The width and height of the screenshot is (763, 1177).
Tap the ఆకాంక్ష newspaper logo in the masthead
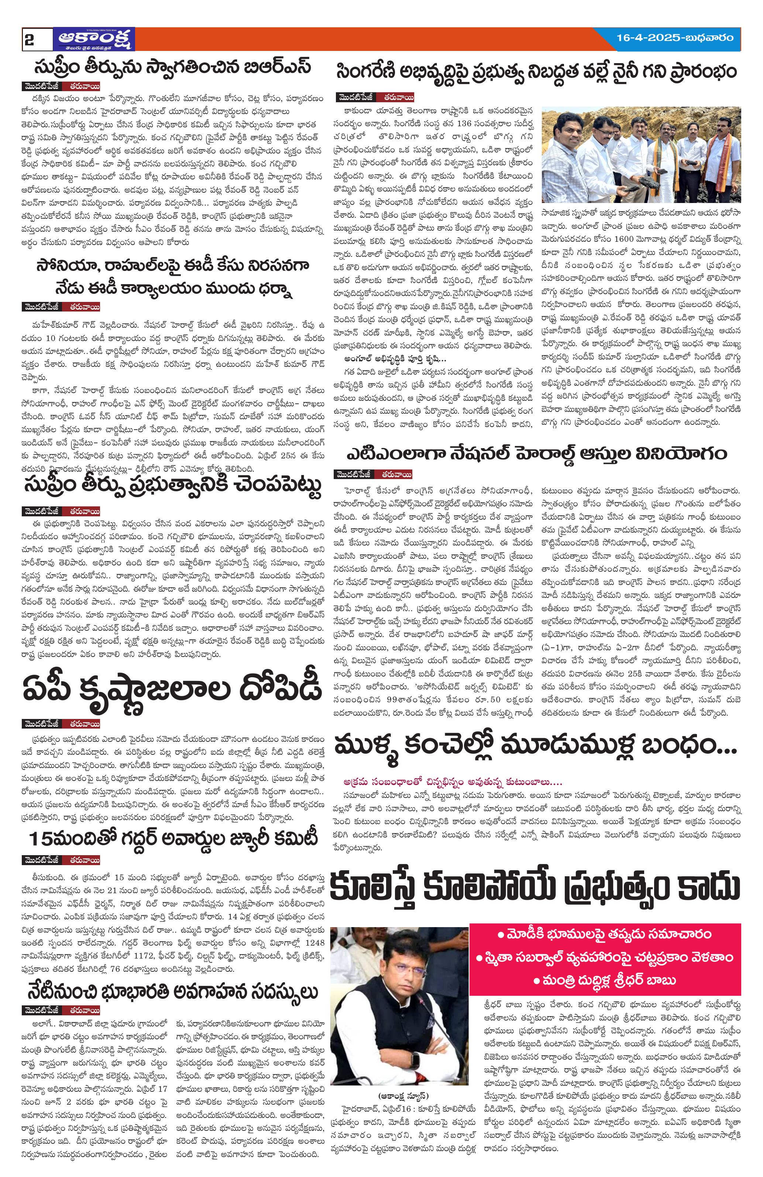(x=94, y=39)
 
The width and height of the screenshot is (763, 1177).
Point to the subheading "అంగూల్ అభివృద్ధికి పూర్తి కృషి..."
(x=396, y=358)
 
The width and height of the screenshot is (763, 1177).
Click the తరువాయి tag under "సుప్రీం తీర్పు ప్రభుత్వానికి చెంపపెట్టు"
(x=84, y=511)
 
